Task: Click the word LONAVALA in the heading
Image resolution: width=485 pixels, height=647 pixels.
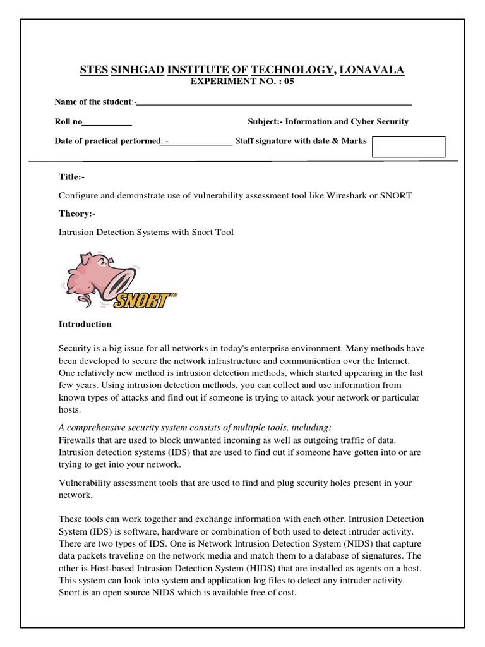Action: pyautogui.click(x=372, y=70)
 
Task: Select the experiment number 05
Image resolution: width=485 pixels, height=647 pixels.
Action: pyautogui.click(x=289, y=82)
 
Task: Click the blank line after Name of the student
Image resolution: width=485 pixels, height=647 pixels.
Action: pyautogui.click(x=274, y=103)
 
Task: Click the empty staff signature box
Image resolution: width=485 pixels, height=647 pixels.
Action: pyautogui.click(x=409, y=147)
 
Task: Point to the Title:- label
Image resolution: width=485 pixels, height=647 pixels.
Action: pyautogui.click(x=71, y=178)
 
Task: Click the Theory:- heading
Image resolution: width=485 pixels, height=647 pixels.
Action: pyautogui.click(x=76, y=214)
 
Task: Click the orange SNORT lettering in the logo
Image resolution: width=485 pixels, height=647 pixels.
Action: pyautogui.click(x=141, y=300)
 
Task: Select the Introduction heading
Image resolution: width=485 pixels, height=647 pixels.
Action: pyautogui.click(x=85, y=324)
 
